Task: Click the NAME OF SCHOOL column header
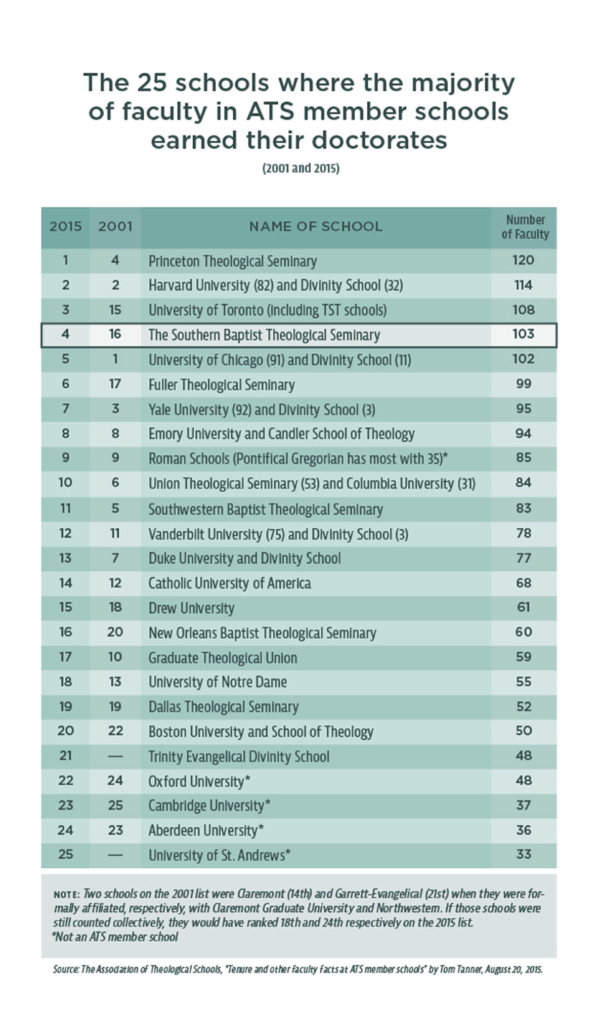coord(316,226)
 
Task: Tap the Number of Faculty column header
coord(525,227)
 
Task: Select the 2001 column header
coord(115,226)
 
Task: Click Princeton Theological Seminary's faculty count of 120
coord(523,260)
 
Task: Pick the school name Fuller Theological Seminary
coord(222,385)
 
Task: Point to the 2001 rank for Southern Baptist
coord(115,334)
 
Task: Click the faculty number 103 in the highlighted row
coord(523,334)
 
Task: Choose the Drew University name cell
coord(191,608)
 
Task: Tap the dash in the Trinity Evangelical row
coord(115,756)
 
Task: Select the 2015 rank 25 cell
coord(66,855)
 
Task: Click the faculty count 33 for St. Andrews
coord(524,855)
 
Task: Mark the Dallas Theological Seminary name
coord(224,707)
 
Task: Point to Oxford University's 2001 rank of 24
coord(115,781)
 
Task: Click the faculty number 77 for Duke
coord(524,558)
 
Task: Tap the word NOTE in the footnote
coord(66,895)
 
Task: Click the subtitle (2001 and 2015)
coord(301,168)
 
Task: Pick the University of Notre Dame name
coord(218,682)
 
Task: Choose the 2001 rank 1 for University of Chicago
coord(115,359)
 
